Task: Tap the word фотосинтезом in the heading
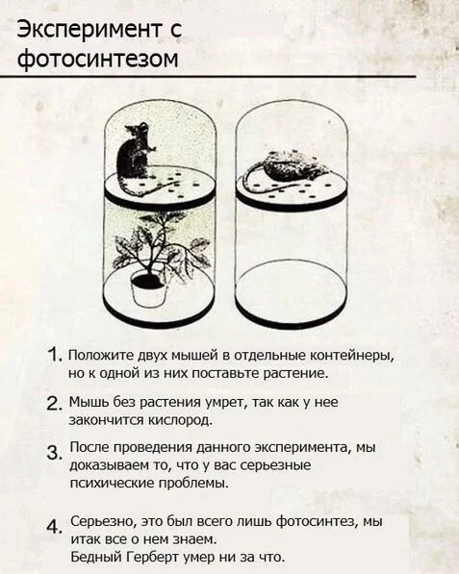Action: click(98, 59)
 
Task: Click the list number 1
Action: click(55, 355)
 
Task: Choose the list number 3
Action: click(54, 453)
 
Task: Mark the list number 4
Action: click(54, 527)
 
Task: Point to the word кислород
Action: click(180, 420)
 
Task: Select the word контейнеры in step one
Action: click(352, 356)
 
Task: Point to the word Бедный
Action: click(96, 557)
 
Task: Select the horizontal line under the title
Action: click(208, 77)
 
